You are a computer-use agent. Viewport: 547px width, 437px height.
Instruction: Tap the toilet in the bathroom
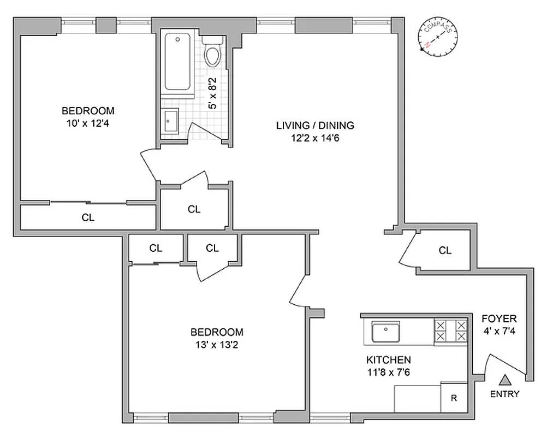pos(211,52)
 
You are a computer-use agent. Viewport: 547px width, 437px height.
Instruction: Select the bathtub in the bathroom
pos(177,62)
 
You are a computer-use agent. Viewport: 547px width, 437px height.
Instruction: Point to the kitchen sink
pos(386,331)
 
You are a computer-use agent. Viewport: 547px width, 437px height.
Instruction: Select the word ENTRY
pos(505,394)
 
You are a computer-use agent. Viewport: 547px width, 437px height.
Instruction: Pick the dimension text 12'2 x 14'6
pos(315,138)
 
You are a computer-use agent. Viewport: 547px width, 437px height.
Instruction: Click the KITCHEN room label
pos(388,360)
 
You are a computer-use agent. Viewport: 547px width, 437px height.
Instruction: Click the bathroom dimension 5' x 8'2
pos(213,93)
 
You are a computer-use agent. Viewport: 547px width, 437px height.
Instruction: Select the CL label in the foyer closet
pos(445,250)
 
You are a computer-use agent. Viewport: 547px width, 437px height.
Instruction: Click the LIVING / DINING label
pos(315,125)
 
